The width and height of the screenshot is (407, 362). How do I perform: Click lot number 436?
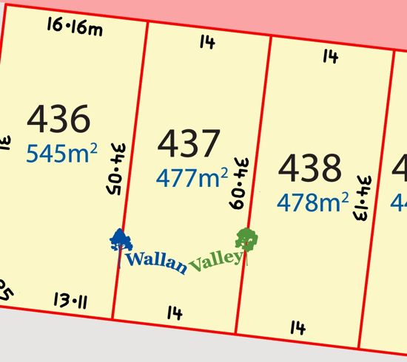pos(58,118)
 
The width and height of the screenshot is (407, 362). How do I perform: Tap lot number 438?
pos(310,168)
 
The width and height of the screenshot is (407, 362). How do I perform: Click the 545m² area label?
pos(62,153)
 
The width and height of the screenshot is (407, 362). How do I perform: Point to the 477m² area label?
pos(191,177)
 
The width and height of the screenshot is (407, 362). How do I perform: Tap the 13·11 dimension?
pos(72,300)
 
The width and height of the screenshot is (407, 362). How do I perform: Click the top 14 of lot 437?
pos(206,43)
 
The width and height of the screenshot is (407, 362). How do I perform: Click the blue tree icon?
pos(121,244)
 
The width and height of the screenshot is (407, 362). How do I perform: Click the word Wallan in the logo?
pos(156,261)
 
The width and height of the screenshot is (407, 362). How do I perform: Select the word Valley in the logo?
pos(216,261)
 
